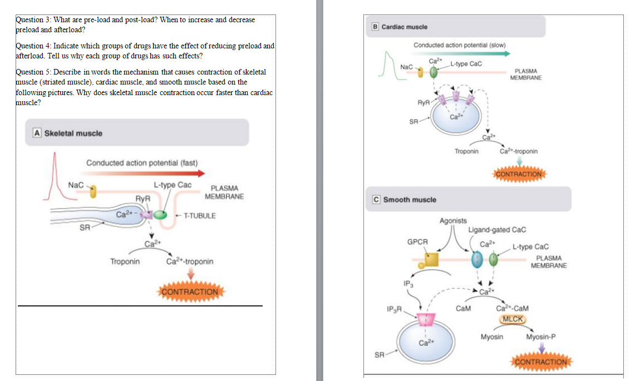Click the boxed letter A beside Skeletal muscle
[x=37, y=133]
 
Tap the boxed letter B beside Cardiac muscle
[x=375, y=27]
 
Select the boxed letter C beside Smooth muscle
[x=376, y=199]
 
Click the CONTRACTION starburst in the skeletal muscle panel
[x=190, y=291]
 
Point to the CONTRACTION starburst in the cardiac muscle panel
[x=519, y=174]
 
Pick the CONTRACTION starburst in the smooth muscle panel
[x=541, y=362]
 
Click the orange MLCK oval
[x=513, y=319]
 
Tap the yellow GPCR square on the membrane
[x=431, y=260]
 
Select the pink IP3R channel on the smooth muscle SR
[x=426, y=319]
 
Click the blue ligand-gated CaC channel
[x=477, y=260]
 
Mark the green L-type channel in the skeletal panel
[x=160, y=215]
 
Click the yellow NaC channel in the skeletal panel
[x=93, y=191]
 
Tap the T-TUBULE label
[x=200, y=216]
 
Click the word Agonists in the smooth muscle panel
[x=453, y=221]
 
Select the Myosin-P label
[x=540, y=337]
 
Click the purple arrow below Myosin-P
[x=542, y=348]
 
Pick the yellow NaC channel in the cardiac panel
[x=420, y=72]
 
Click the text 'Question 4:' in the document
[x=33, y=46]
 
